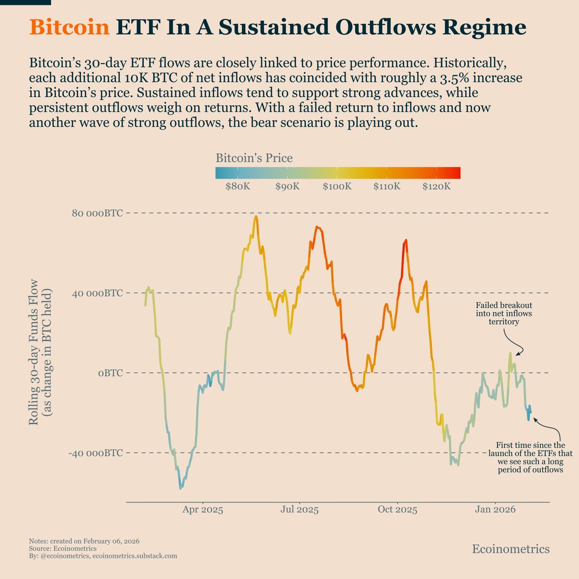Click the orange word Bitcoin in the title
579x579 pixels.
(x=69, y=28)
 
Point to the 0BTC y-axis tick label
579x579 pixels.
(x=110, y=373)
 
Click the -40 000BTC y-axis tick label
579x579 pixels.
(x=95, y=453)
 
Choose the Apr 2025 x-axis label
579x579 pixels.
(x=203, y=510)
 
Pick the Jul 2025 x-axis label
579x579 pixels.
(x=300, y=510)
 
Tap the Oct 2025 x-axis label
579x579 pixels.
(x=397, y=510)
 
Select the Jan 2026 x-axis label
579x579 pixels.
(x=494, y=510)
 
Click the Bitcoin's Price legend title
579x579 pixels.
(x=254, y=158)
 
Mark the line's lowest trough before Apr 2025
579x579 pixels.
(x=181, y=488)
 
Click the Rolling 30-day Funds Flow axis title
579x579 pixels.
(x=41, y=357)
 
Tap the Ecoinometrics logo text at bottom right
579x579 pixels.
(x=510, y=549)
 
